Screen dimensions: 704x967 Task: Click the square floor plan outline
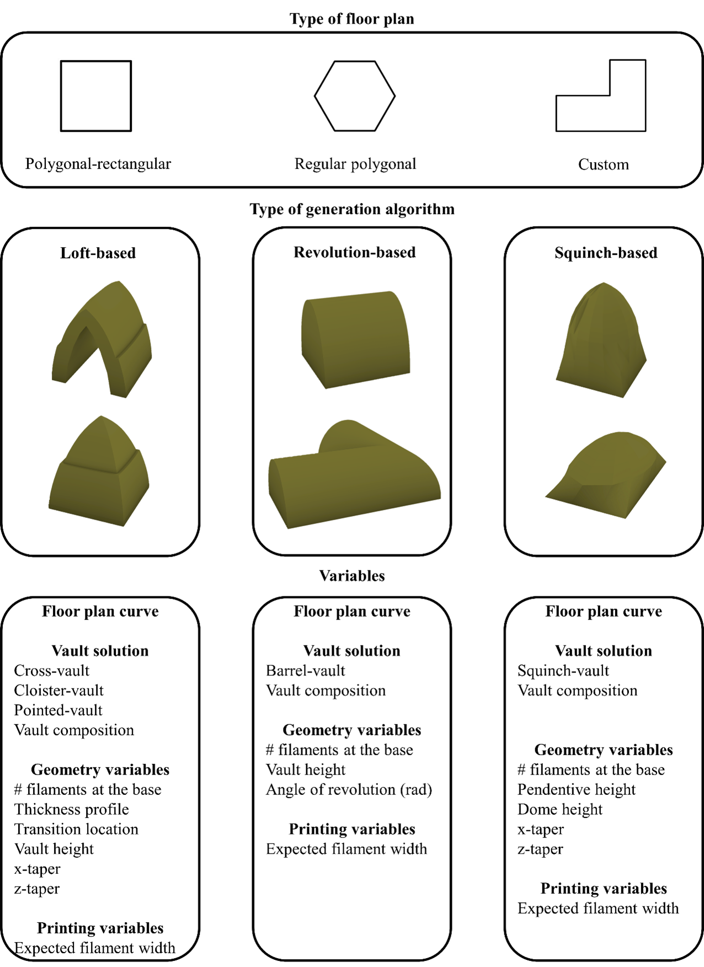(95, 96)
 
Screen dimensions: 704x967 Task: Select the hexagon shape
(355, 96)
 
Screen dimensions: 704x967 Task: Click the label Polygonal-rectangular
(98, 164)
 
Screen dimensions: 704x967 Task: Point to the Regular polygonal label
(355, 164)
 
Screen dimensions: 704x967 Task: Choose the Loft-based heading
(98, 253)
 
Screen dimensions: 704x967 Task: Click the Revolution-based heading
(354, 252)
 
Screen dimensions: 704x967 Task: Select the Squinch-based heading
(606, 253)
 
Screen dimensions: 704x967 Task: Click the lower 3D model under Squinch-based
(607, 474)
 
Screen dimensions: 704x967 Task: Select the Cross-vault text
(51, 670)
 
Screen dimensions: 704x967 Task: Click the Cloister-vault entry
(58, 690)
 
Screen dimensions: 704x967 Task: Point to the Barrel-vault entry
(305, 670)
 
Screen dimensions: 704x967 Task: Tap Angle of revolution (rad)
(349, 789)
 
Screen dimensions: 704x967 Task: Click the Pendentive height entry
(576, 789)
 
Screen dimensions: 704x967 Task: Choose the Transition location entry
(76, 829)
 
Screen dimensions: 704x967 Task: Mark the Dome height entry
(559, 809)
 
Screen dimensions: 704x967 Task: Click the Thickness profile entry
(71, 809)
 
